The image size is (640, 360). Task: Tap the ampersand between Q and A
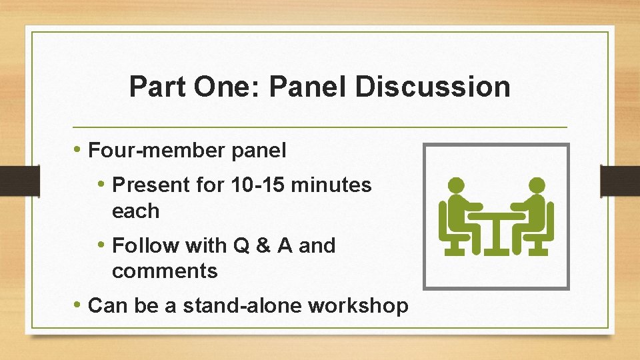263,245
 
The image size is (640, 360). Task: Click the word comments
165,271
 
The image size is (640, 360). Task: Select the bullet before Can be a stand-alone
79,305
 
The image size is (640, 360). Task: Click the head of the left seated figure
456,185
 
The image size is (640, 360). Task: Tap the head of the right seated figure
537,185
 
